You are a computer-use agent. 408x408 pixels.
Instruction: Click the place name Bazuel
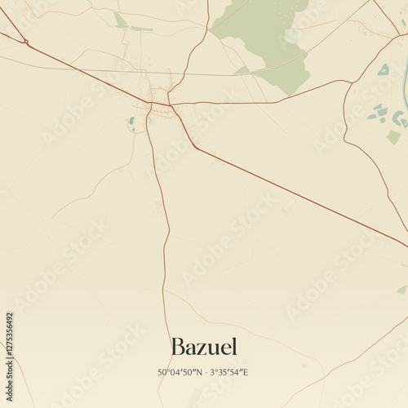coord(204,347)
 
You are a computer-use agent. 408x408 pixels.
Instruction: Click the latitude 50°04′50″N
coord(180,373)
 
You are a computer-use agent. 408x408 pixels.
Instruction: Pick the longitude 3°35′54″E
coord(228,373)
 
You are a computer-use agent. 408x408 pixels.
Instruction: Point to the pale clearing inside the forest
coord(291,35)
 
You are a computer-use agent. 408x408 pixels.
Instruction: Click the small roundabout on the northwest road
coord(26,42)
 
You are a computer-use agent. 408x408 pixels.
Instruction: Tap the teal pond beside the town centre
coord(132,122)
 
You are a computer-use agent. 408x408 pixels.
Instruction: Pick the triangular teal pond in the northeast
coord(384,71)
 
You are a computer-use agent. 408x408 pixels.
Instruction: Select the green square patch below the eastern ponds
coord(393,137)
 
